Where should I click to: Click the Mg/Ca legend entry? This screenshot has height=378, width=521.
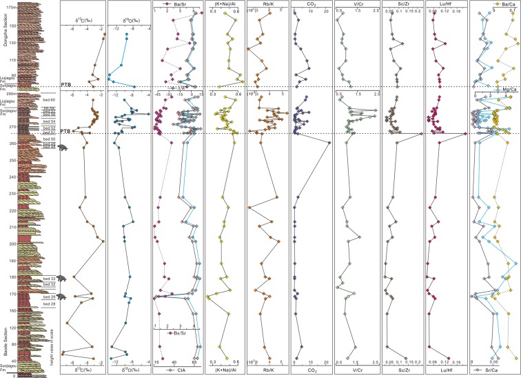coord(501,91)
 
